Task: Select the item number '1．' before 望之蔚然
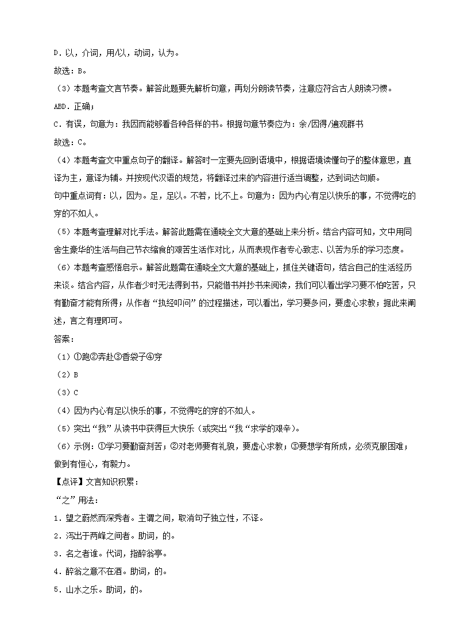coord(57,518)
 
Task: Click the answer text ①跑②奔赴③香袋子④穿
coord(118,357)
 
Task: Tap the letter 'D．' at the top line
coord(57,53)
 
